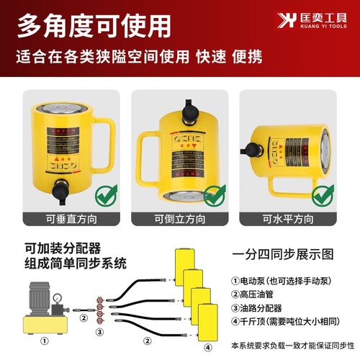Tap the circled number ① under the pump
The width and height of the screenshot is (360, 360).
point(45,341)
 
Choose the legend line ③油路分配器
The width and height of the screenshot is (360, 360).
point(265,307)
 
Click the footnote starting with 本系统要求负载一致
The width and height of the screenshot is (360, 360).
point(294,344)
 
